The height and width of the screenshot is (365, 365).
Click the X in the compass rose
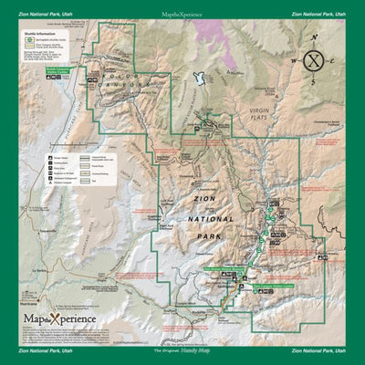tap(313, 62)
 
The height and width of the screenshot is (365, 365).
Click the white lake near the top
tap(195, 80)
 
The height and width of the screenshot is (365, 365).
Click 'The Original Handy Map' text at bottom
tap(182, 350)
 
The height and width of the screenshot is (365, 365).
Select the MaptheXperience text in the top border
tap(182, 15)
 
